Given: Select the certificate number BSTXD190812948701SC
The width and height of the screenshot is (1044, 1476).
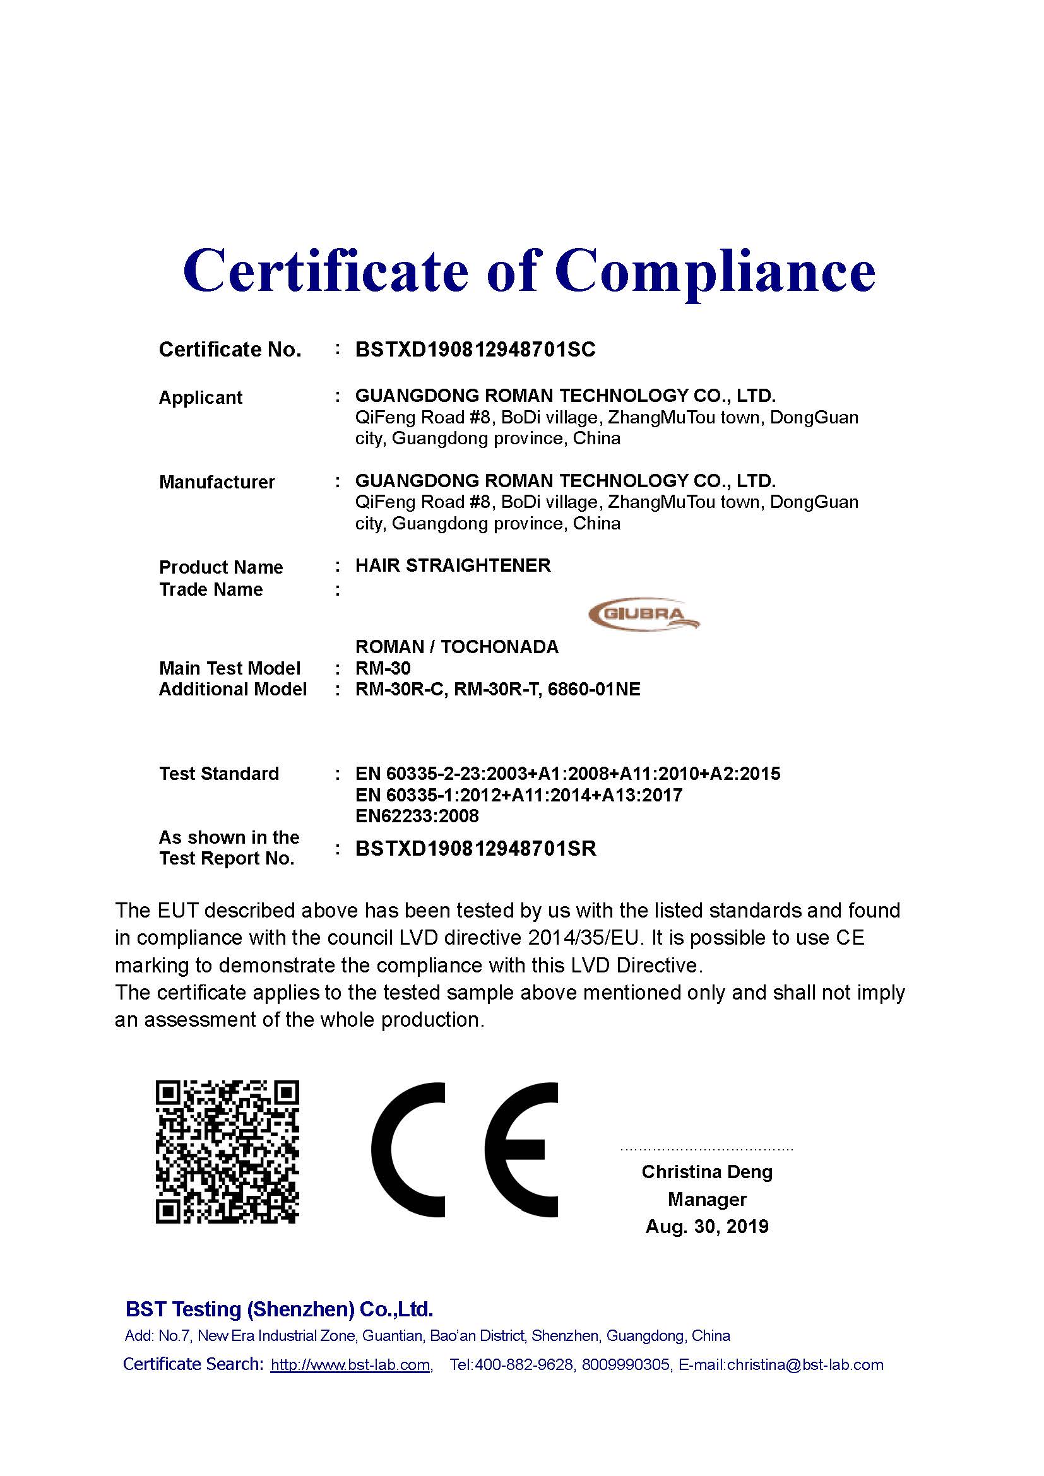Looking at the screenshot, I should (475, 350).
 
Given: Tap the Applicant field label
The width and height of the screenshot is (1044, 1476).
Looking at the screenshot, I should (200, 398).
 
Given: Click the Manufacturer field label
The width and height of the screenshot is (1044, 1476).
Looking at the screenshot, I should (217, 482).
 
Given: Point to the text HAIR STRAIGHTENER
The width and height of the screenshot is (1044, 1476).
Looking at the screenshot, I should (453, 565).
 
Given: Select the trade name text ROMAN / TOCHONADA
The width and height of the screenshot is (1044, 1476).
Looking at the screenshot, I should (456, 647).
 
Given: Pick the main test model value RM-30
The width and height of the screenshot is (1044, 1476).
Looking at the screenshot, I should (383, 668).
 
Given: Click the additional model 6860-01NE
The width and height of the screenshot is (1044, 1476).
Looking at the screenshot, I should (594, 690).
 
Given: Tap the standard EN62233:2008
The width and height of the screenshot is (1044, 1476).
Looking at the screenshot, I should (417, 817).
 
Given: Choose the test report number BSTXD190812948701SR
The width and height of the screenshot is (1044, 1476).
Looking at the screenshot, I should (476, 849).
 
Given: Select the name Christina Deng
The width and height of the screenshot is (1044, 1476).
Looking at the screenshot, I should (706, 1172).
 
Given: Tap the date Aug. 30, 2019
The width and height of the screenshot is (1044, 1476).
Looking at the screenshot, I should (706, 1227).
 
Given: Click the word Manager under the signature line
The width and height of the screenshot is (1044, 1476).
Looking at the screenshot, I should (706, 1200).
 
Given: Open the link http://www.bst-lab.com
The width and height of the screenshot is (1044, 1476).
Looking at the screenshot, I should (350, 1365).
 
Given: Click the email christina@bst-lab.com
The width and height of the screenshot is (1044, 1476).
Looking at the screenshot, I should (805, 1365).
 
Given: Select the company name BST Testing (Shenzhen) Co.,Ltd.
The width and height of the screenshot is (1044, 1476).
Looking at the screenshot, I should (279, 1309).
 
